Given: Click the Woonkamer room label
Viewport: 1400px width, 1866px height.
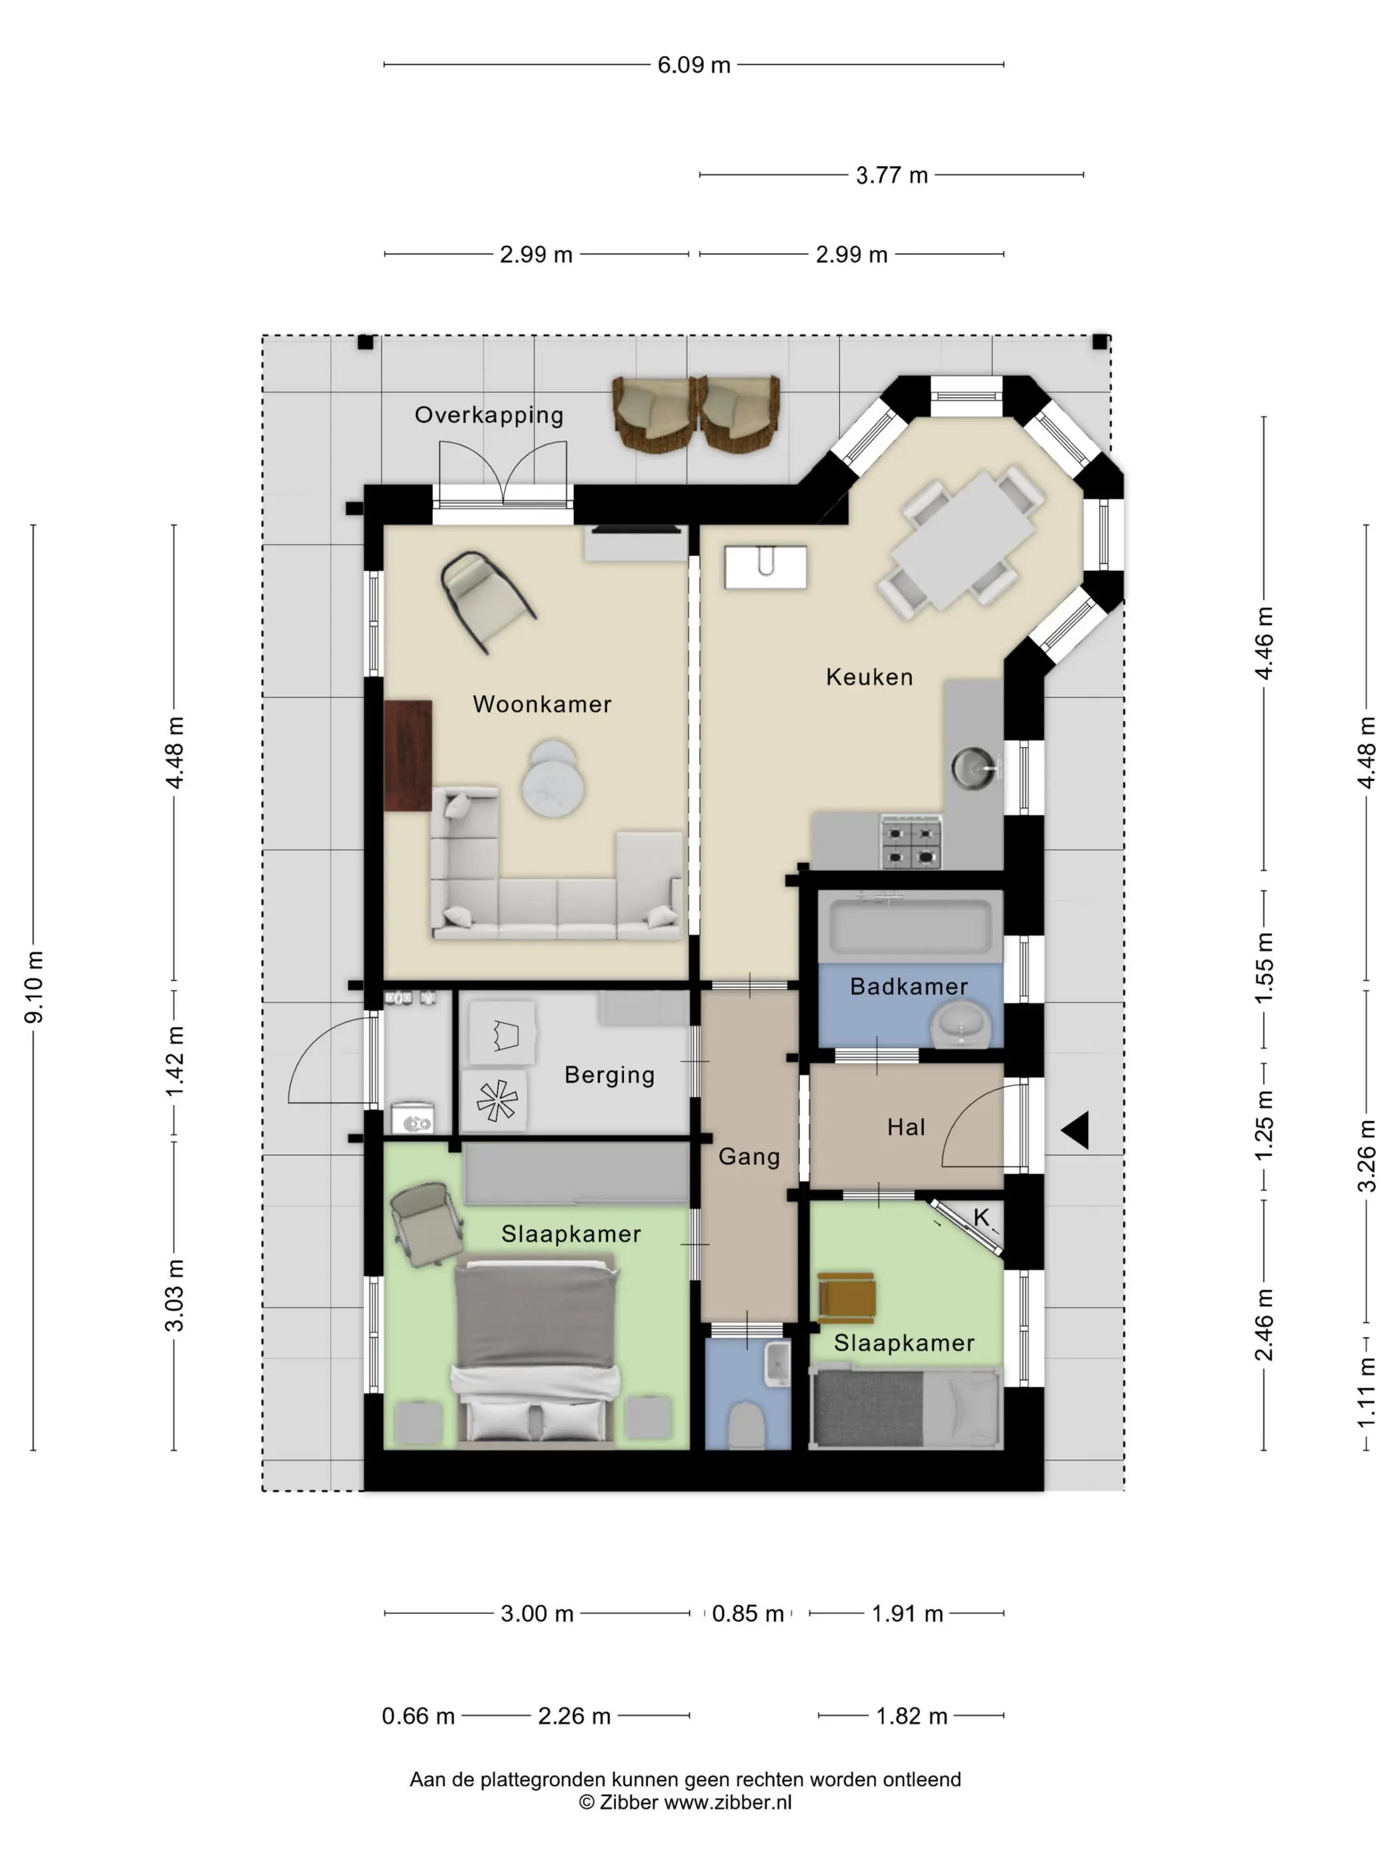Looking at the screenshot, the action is [542, 704].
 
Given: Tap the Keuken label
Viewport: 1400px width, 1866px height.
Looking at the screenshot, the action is [869, 677].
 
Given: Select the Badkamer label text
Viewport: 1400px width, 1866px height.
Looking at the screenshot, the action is [909, 987].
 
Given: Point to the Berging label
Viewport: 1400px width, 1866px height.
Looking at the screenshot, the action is [609, 1076].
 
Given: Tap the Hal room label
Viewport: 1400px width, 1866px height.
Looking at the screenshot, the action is [906, 1128].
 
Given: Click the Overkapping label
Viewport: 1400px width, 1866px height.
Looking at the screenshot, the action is [489, 416].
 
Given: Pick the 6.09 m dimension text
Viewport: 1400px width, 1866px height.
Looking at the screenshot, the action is [694, 65].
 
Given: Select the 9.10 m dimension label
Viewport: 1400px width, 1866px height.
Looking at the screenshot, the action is [34, 987].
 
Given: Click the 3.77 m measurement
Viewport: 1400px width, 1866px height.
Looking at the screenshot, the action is [892, 175].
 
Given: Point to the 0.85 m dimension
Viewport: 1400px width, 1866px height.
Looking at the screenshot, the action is [748, 1614].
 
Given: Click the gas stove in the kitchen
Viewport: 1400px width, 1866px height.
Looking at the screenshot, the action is [911, 841].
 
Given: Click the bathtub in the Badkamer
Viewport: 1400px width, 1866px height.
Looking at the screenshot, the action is [911, 926].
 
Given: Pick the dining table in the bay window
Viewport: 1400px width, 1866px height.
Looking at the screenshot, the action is [963, 540].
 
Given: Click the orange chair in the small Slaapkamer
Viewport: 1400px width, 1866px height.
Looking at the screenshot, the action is [847, 1298].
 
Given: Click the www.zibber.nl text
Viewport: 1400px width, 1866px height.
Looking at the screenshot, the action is [727, 1803].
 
